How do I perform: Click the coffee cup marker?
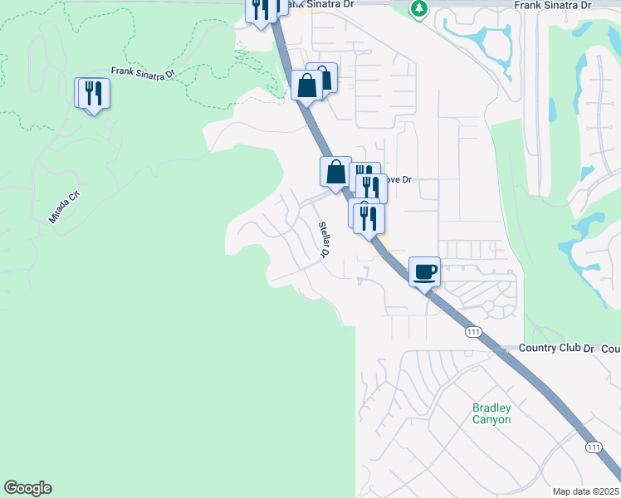424,271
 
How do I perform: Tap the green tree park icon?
420,8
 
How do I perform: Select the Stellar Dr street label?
322,240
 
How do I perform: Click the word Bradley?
492,408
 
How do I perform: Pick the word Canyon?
491,419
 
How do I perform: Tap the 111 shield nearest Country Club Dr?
473,332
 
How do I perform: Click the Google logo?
27,488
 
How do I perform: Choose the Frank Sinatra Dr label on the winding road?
143,73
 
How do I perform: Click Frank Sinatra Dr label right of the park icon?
552,5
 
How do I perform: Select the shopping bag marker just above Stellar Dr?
336,172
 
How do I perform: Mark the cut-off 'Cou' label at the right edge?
610,348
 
